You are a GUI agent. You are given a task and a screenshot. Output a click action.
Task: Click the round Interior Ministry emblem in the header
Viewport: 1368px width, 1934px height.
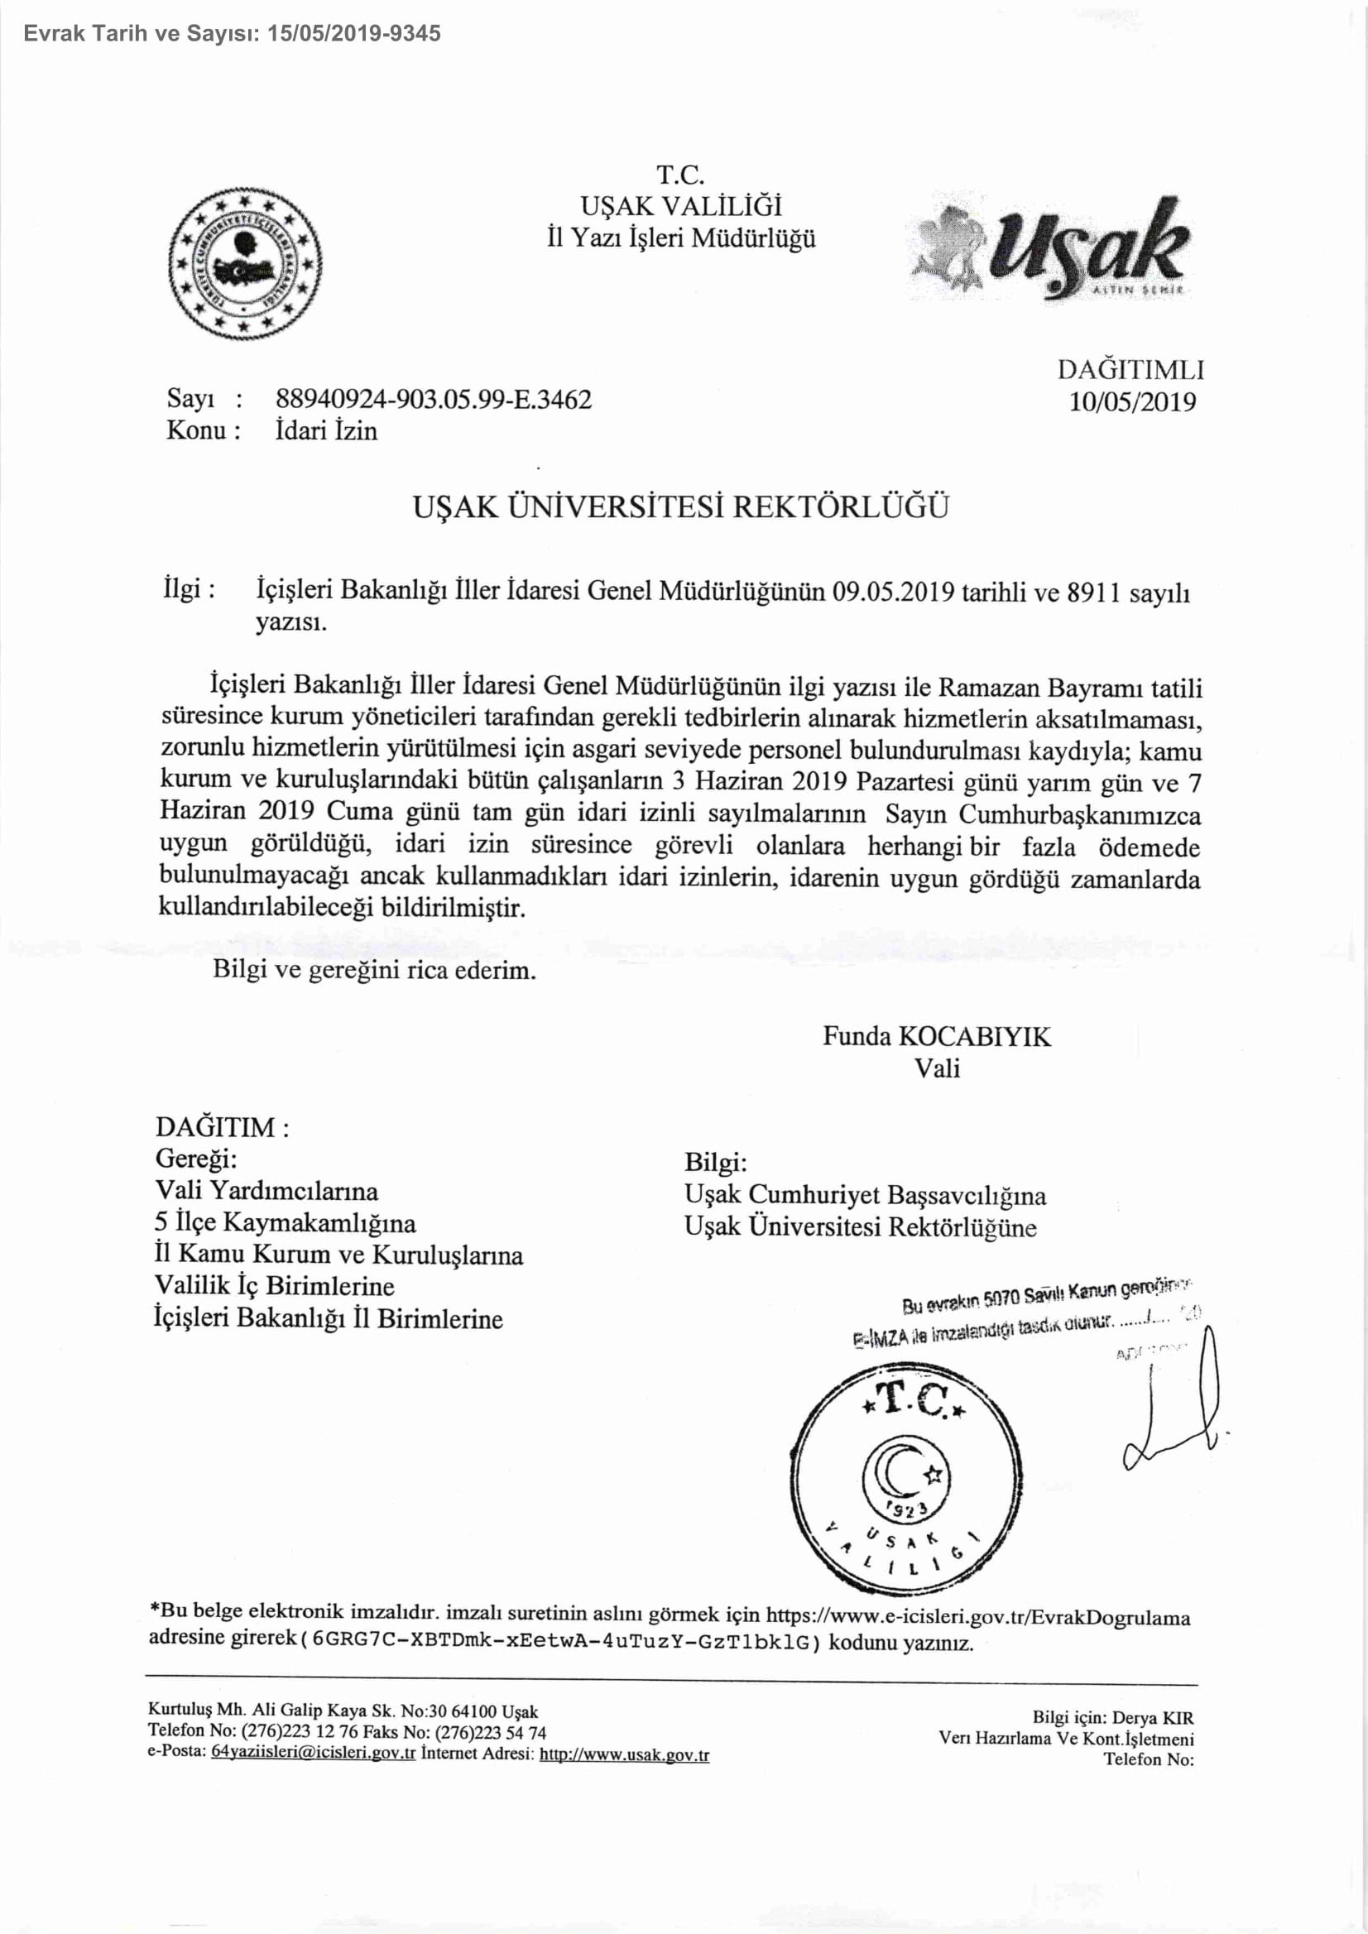tap(244, 263)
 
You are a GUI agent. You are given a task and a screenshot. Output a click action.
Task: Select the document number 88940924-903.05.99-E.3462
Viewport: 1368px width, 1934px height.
tap(434, 398)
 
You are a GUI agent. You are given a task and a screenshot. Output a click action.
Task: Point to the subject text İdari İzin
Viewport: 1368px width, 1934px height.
tap(326, 430)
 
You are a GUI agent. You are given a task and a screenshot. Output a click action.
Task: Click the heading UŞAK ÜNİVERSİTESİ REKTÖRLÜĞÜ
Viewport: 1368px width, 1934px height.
tap(680, 507)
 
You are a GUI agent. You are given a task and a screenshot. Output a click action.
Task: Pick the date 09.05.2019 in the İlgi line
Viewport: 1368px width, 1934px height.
tap(893, 593)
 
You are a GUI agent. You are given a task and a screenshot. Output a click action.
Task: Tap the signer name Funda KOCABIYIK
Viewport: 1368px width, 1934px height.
tap(937, 1036)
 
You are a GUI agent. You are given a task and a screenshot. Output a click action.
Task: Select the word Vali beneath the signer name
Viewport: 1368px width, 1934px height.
tap(937, 1068)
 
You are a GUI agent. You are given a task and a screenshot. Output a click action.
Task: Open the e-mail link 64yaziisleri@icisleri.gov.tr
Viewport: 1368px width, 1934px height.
tap(314, 1754)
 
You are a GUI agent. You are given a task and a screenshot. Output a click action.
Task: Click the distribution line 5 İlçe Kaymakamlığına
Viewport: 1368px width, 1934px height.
tap(285, 1222)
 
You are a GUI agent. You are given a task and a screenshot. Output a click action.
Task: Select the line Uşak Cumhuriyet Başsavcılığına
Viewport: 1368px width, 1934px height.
tap(865, 1195)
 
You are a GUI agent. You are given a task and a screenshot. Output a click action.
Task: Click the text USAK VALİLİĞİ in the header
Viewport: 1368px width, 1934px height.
tap(680, 205)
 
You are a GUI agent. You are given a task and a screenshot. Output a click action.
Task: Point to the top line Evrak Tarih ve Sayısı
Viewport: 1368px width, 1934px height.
tap(232, 33)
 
